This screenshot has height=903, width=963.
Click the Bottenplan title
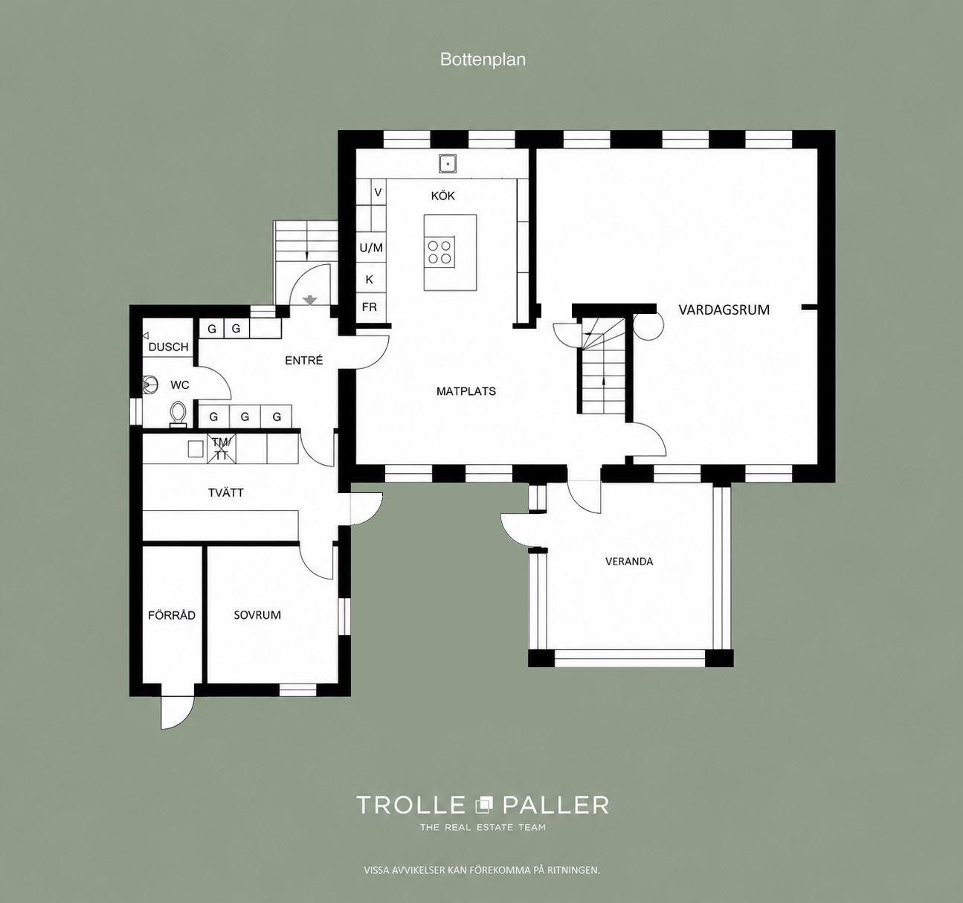(483, 60)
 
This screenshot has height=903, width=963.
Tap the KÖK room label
(443, 196)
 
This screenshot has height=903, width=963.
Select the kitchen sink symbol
(448, 164)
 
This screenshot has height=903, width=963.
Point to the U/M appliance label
(371, 248)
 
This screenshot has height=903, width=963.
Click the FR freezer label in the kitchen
(370, 307)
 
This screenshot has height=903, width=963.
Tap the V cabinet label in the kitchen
(379, 193)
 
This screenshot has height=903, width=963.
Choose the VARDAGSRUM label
(724, 310)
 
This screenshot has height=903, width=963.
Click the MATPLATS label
(466, 391)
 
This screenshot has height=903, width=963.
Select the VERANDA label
(629, 562)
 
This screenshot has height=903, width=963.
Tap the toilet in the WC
(178, 415)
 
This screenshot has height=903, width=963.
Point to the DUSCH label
(168, 347)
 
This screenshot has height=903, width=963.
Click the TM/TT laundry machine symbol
(222, 449)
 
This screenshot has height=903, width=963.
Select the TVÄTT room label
(226, 492)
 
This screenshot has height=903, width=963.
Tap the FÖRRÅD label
(172, 615)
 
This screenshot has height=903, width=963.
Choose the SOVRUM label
(257, 615)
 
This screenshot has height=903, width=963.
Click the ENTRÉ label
(304, 360)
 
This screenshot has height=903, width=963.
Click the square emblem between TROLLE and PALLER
(483, 805)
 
